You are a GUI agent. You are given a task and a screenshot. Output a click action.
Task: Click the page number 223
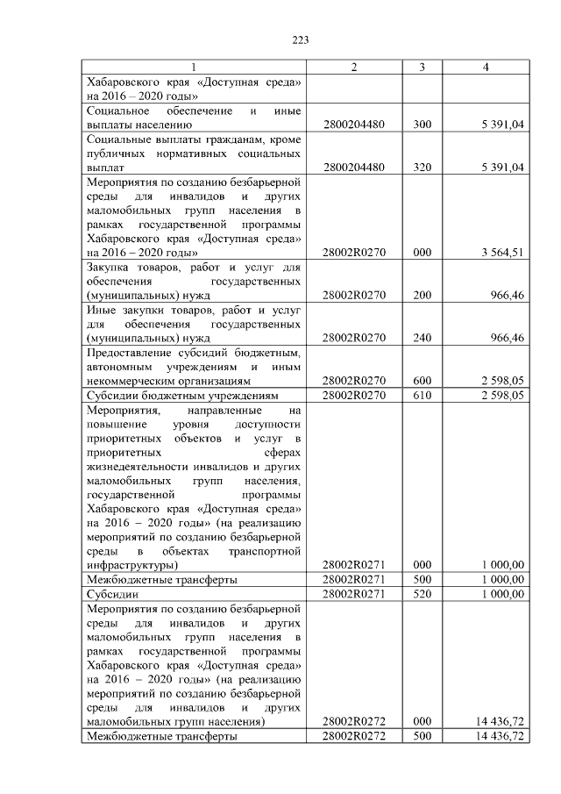(x=300, y=39)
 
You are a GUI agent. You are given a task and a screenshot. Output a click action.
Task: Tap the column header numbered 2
(x=354, y=68)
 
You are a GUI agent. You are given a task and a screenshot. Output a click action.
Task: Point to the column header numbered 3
(x=422, y=68)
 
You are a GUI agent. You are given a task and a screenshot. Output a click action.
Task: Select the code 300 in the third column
(x=422, y=125)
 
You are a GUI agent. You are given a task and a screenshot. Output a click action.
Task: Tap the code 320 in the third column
(x=422, y=167)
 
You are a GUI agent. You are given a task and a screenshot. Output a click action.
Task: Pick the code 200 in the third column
(x=422, y=295)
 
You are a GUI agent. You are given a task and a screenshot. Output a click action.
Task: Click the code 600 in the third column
(x=422, y=381)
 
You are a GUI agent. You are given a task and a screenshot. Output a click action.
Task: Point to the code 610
(x=422, y=396)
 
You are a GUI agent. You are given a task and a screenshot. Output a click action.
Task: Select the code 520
(x=422, y=594)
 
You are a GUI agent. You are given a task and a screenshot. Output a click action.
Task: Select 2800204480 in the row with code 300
(x=354, y=125)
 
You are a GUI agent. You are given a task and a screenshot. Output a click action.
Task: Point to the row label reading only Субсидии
(x=109, y=594)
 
